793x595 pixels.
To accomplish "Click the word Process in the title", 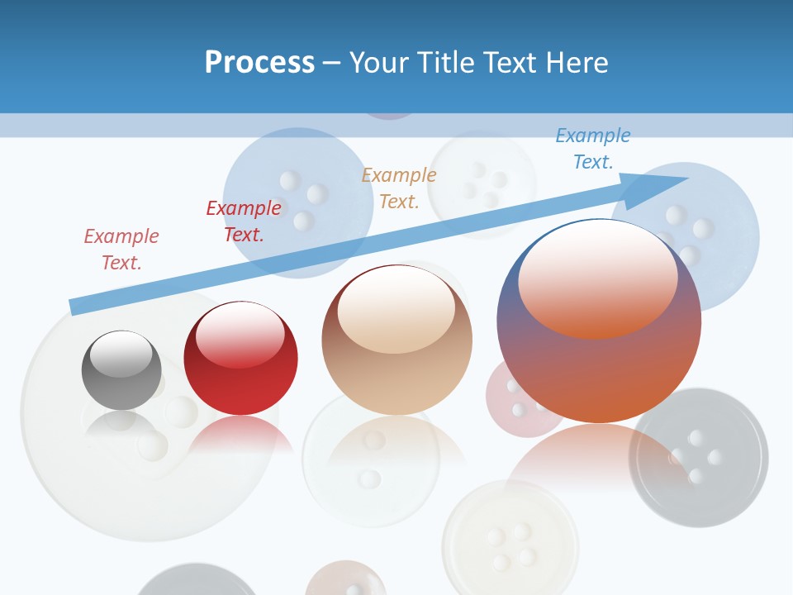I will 259,62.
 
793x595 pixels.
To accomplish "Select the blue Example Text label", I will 593,149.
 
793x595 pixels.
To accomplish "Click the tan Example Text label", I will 399,188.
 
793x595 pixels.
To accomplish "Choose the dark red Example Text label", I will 244,221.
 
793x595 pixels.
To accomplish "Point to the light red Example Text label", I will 121,249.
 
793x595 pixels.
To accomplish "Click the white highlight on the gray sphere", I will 121,352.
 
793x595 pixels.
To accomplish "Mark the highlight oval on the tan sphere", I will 396,308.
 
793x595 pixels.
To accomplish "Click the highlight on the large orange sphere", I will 597,277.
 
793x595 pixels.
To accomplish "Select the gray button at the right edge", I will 698,457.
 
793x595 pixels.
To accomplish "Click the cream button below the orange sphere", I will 510,537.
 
